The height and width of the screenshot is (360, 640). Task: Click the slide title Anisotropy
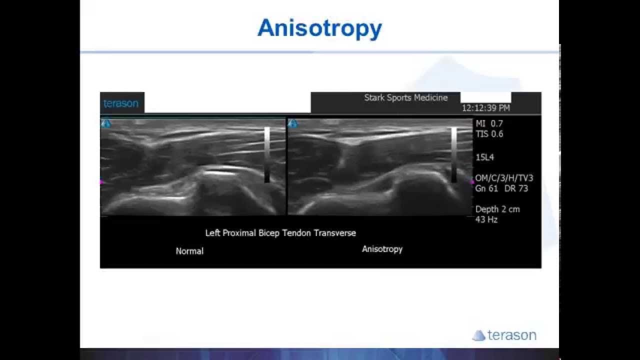pyautogui.click(x=319, y=28)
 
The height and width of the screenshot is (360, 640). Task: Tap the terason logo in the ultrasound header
pyautogui.click(x=120, y=103)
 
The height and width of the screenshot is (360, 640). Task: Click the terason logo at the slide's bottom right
pyautogui.click(x=504, y=335)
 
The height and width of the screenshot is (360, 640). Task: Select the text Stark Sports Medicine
pyautogui.click(x=405, y=97)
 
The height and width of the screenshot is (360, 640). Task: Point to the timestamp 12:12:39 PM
pyautogui.click(x=485, y=108)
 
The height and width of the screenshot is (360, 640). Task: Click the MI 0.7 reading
pyautogui.click(x=489, y=123)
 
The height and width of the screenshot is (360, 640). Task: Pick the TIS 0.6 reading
pyautogui.click(x=489, y=134)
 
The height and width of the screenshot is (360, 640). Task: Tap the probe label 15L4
pyautogui.click(x=484, y=157)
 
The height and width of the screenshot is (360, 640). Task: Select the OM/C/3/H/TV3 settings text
pyautogui.click(x=504, y=178)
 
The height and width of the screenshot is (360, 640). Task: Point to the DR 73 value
pyautogui.click(x=516, y=188)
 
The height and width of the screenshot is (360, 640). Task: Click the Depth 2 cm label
pyautogui.click(x=497, y=209)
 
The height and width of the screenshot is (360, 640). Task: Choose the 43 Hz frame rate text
pyautogui.click(x=486, y=219)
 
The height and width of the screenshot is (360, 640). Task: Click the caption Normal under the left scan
pyautogui.click(x=189, y=251)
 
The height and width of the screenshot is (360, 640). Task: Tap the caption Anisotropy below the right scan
pyautogui.click(x=382, y=249)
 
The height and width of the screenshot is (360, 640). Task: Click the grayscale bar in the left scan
pyautogui.click(x=267, y=154)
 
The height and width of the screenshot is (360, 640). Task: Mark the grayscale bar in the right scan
pyautogui.click(x=454, y=154)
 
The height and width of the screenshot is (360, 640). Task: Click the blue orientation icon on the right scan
pyautogui.click(x=293, y=123)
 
